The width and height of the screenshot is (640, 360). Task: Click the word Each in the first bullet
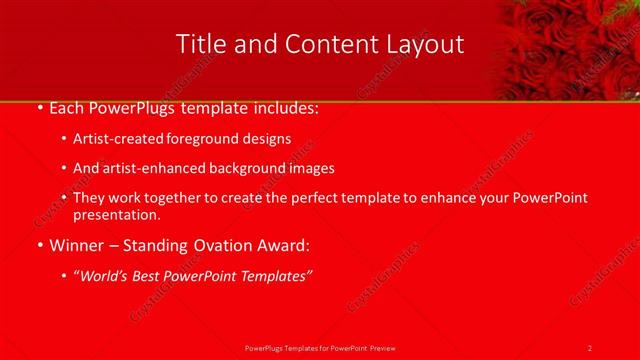[67, 108]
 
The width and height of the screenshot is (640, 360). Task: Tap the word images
[307, 169]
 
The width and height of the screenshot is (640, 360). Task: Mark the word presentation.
[116, 214]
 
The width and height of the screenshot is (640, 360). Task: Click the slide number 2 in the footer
[590, 347]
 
